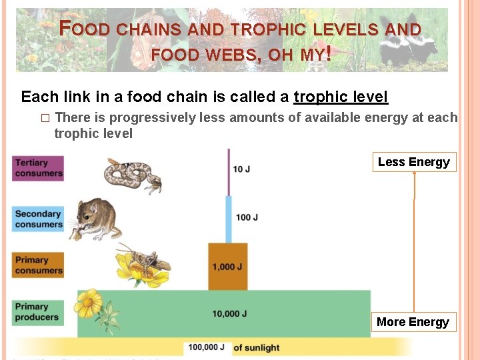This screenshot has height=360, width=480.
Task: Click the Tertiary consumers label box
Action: click(x=38, y=168)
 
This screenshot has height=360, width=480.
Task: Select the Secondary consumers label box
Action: click(x=38, y=219)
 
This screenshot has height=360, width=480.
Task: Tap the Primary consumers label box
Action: click(x=38, y=265)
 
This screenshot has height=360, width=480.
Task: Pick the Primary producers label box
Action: click(x=38, y=311)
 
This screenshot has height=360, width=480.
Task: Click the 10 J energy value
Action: click(x=241, y=169)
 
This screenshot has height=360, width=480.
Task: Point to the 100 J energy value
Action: click(x=247, y=217)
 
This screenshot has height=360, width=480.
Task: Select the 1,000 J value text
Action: click(x=227, y=267)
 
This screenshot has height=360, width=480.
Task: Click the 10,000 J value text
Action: click(x=230, y=314)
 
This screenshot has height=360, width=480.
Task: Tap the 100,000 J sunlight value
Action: click(x=206, y=347)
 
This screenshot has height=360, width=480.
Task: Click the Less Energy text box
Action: click(x=414, y=162)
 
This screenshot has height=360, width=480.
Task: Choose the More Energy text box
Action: click(x=413, y=322)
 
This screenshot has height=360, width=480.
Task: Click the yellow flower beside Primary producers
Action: click(x=88, y=304)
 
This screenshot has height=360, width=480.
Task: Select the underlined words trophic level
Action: click(x=341, y=97)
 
